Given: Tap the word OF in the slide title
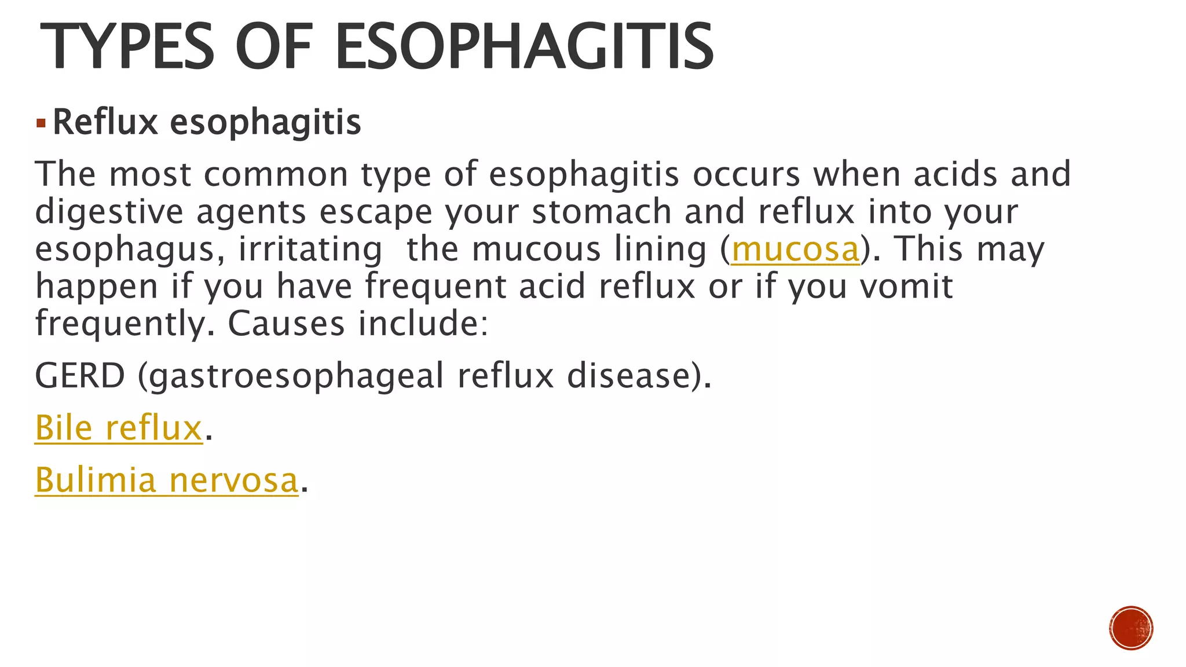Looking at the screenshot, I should point(273,46).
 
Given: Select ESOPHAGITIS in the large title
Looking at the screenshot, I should point(524,46).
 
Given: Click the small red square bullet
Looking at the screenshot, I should point(41,123).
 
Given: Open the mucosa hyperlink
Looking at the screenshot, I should point(795,249).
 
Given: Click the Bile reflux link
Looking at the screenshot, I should point(118,428).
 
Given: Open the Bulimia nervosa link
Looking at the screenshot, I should point(166,480).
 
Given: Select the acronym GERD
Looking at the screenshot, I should point(80,376).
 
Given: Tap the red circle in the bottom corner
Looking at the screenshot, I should point(1131,628).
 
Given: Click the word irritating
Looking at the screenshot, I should point(310,249).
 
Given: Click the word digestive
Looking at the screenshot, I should point(109,212).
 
